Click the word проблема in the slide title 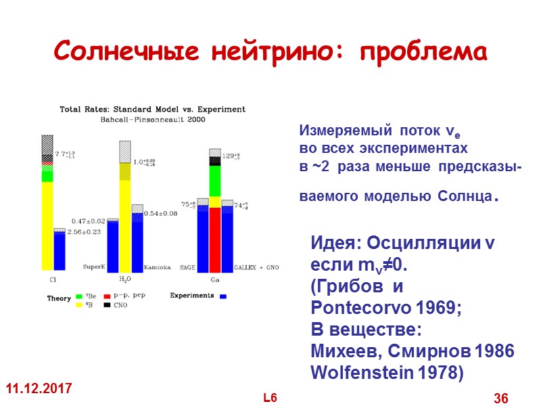pos(424,52)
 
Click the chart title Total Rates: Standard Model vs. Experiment pos(153,109)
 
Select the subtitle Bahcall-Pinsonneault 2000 pos(152,118)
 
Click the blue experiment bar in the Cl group pos(60,250)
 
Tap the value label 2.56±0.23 pos(83,232)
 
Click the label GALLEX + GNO pos(256,268)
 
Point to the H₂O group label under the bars pos(125,278)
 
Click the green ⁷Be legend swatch pos(80,296)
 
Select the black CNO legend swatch pos(107,305)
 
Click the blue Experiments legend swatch pos(222,296)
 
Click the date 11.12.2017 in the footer pos(40,390)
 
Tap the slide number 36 pos(501,398)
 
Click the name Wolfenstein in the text pos(352,372)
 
